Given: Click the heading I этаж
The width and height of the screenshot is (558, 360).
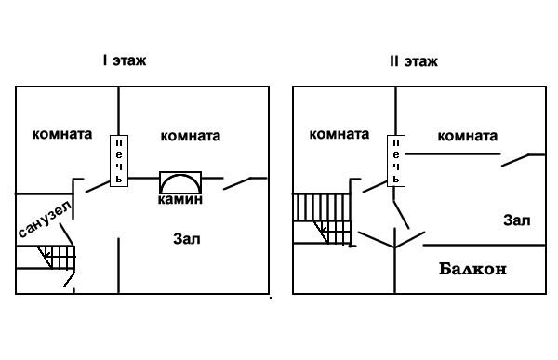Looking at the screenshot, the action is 125,60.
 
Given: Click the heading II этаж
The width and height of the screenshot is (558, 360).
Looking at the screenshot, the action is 414,61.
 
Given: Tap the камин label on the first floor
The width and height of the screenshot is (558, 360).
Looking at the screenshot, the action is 180,199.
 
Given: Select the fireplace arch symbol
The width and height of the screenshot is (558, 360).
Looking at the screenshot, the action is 180,177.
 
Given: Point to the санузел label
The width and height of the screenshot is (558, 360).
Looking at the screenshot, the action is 45,219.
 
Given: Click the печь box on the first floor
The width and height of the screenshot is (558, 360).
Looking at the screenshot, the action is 119,161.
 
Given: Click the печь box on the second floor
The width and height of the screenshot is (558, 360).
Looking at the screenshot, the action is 396,161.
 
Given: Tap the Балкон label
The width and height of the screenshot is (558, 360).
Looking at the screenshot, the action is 472,269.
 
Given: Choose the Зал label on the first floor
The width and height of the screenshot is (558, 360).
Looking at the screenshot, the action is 187,239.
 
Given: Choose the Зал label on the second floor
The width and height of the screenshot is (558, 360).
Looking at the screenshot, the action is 517,220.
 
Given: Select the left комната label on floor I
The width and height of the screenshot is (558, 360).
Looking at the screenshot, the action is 62,134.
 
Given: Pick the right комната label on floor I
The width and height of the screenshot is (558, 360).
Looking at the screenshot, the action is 191,136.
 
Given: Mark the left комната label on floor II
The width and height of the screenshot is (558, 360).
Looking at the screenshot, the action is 339,134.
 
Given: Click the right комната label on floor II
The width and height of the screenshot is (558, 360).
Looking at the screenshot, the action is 468,136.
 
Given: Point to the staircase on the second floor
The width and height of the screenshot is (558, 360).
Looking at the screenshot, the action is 322,219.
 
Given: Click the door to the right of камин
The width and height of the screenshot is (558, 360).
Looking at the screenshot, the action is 237,183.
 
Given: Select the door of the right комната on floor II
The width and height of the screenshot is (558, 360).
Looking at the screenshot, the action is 515,160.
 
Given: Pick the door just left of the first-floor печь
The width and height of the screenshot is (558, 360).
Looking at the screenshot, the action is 98,187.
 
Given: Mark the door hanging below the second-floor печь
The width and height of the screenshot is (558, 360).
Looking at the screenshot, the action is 402,214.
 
